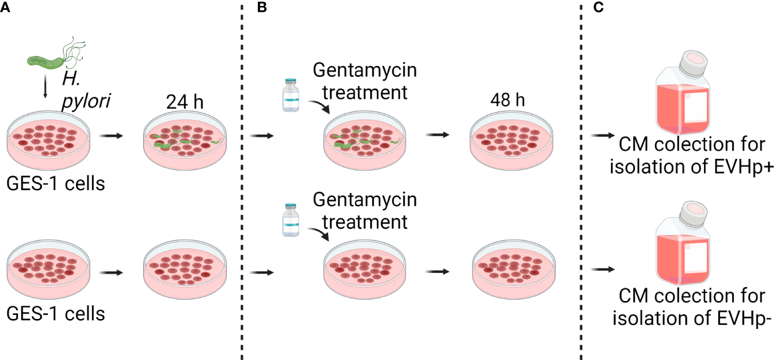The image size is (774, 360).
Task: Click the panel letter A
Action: [5, 8]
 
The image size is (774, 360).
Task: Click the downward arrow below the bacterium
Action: [45, 87]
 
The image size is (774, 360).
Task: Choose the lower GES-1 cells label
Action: [56, 314]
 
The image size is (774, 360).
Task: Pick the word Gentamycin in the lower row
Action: [364, 201]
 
